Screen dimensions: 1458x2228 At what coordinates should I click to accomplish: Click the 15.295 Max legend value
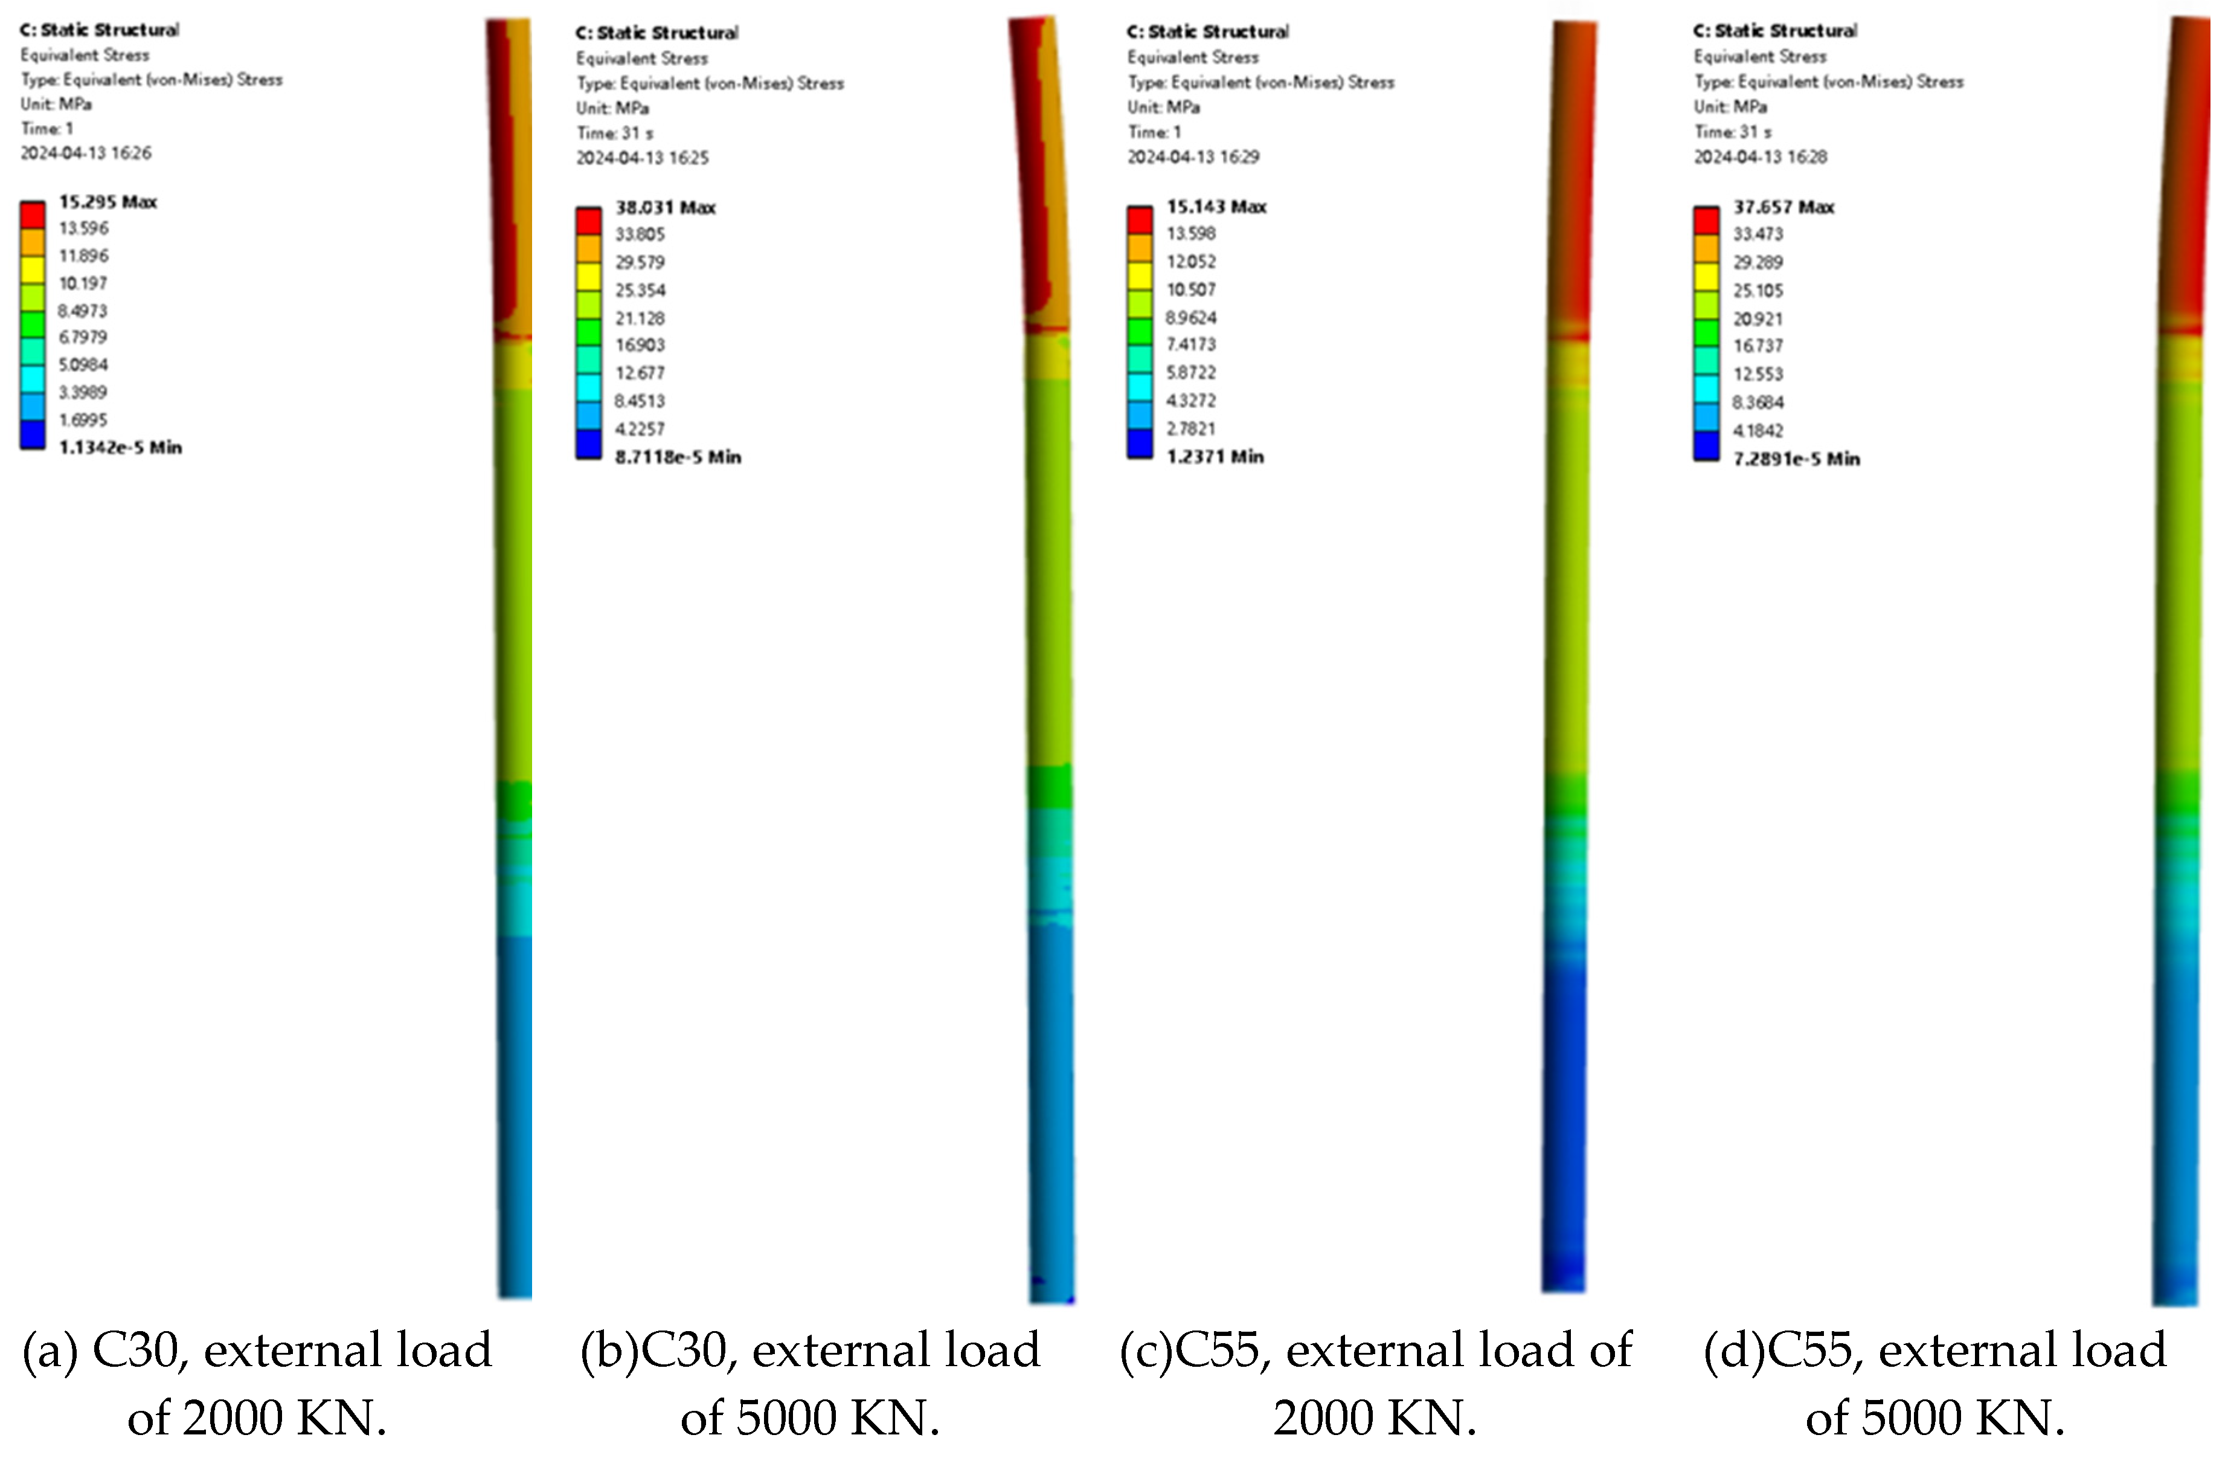coord(107,202)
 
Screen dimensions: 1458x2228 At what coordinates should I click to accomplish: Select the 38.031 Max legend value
coord(664,208)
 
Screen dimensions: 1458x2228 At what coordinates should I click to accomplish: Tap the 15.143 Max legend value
coord(1215,207)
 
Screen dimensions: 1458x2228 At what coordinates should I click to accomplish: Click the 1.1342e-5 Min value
coord(119,448)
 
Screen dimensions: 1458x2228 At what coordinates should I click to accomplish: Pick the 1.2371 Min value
coord(1214,457)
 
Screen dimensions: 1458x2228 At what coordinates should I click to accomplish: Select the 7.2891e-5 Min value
coord(1796,459)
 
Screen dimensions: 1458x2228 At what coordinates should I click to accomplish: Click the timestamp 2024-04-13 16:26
coord(85,153)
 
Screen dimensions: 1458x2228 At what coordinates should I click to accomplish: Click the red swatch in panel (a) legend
coord(33,215)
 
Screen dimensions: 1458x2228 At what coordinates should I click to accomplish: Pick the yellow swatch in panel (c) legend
coord(1139,276)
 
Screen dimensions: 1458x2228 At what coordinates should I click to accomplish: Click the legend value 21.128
coord(640,318)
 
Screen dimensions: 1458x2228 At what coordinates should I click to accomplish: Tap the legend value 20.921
coord(1757,319)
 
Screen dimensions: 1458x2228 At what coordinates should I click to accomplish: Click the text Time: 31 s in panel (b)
coord(614,133)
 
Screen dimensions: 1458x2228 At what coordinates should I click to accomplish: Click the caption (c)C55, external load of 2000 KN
coord(1374,1383)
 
